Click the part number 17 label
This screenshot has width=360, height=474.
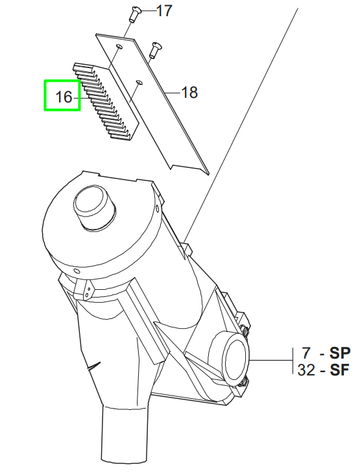click(164, 11)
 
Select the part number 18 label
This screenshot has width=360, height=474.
click(189, 93)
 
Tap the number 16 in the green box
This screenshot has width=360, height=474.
click(63, 97)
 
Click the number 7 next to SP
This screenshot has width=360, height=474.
click(307, 353)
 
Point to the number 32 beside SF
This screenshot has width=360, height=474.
click(307, 370)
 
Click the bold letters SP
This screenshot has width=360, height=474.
click(340, 353)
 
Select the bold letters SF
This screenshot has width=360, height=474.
click(340, 370)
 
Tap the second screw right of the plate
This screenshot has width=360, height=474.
click(155, 49)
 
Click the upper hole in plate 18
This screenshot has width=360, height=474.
click(119, 47)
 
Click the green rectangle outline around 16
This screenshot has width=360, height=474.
click(45, 95)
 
